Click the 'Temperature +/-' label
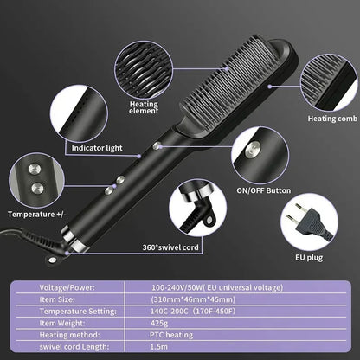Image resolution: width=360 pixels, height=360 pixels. click(x=34, y=214)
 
